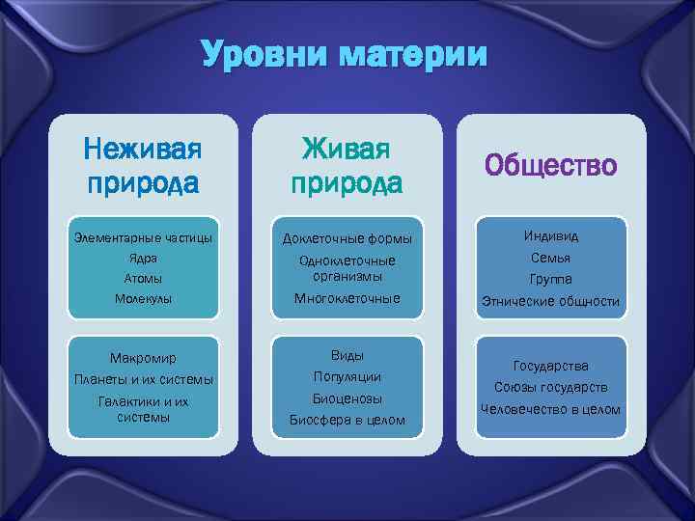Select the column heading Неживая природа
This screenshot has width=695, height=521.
(x=142, y=165)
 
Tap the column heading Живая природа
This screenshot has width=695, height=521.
(x=347, y=165)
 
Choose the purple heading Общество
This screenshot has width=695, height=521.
(x=550, y=166)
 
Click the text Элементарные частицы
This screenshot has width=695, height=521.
(x=143, y=237)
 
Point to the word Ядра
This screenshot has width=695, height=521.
(x=143, y=259)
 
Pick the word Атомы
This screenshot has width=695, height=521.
(x=143, y=279)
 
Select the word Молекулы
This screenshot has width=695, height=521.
(x=143, y=299)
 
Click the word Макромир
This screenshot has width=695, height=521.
(x=143, y=358)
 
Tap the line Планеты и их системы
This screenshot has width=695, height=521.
(x=143, y=379)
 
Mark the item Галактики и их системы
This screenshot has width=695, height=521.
(x=143, y=409)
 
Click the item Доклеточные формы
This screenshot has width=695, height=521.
(x=347, y=238)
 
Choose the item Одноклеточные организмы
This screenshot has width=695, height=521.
(x=347, y=267)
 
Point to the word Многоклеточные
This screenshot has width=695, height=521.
(x=347, y=298)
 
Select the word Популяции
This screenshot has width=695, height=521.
(x=347, y=376)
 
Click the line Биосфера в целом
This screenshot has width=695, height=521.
(x=347, y=420)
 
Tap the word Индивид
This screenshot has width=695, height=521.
(x=551, y=236)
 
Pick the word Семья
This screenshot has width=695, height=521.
(x=551, y=258)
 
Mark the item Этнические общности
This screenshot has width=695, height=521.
(x=551, y=301)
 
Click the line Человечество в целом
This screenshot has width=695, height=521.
(x=551, y=409)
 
